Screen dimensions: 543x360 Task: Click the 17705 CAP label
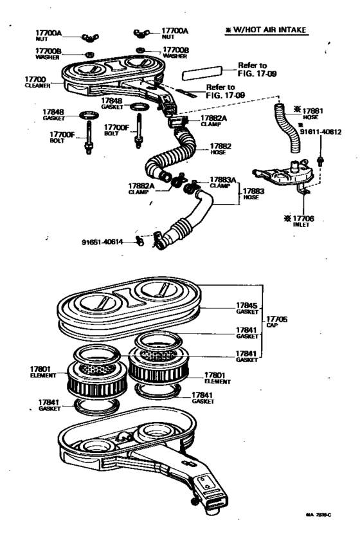pos(276,321)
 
